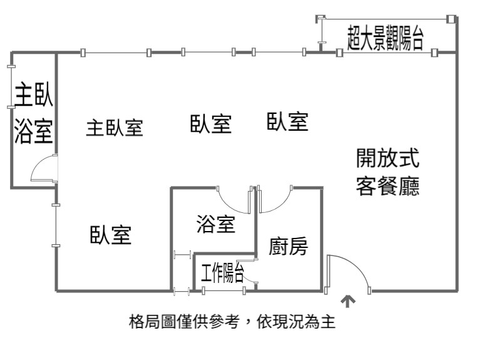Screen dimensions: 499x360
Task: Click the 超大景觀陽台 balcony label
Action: click(385, 38)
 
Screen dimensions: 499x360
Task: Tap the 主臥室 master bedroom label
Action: click(115, 128)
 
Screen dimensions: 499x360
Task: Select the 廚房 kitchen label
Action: click(289, 246)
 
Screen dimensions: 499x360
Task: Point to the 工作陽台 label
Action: click(222, 273)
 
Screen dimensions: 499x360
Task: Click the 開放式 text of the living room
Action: click(388, 158)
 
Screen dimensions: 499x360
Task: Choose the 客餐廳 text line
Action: click(388, 186)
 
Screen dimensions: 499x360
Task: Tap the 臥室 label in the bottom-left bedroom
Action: click(111, 235)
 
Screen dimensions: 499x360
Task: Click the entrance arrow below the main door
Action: click(348, 301)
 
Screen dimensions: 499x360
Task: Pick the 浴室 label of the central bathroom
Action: click(216, 224)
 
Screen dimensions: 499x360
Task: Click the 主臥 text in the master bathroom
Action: click(33, 94)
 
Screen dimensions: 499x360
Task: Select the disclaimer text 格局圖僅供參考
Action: click(184, 322)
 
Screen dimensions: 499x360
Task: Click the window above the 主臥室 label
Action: click(116, 53)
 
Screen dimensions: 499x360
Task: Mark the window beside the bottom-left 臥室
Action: click(56, 225)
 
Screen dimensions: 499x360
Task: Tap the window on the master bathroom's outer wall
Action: click(11, 87)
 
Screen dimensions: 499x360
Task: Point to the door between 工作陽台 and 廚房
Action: click(252, 271)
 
